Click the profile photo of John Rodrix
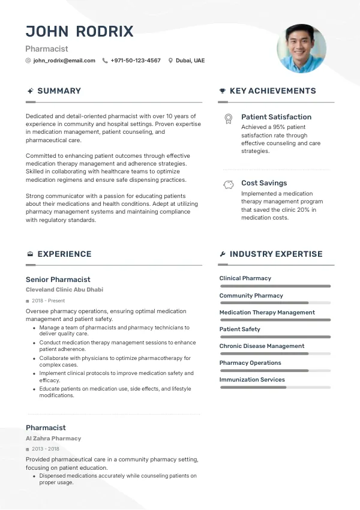click(x=301, y=49)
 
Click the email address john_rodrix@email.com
click(x=64, y=61)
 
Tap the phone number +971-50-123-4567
click(x=136, y=61)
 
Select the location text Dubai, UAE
click(x=190, y=61)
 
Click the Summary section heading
click(x=59, y=91)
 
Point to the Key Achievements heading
click(x=272, y=91)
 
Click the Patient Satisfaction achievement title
click(x=276, y=117)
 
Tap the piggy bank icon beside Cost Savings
click(x=228, y=185)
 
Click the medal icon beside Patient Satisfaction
click(x=228, y=118)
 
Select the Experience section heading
click(x=64, y=254)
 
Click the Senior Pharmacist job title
click(x=58, y=280)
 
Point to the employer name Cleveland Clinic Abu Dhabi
click(x=64, y=290)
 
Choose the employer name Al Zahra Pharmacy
click(x=53, y=439)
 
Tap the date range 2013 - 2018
click(x=46, y=449)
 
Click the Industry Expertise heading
click(x=276, y=254)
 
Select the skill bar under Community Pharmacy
click(x=275, y=303)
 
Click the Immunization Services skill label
click(x=252, y=380)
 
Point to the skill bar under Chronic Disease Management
click(x=275, y=353)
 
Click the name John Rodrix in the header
click(x=80, y=32)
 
